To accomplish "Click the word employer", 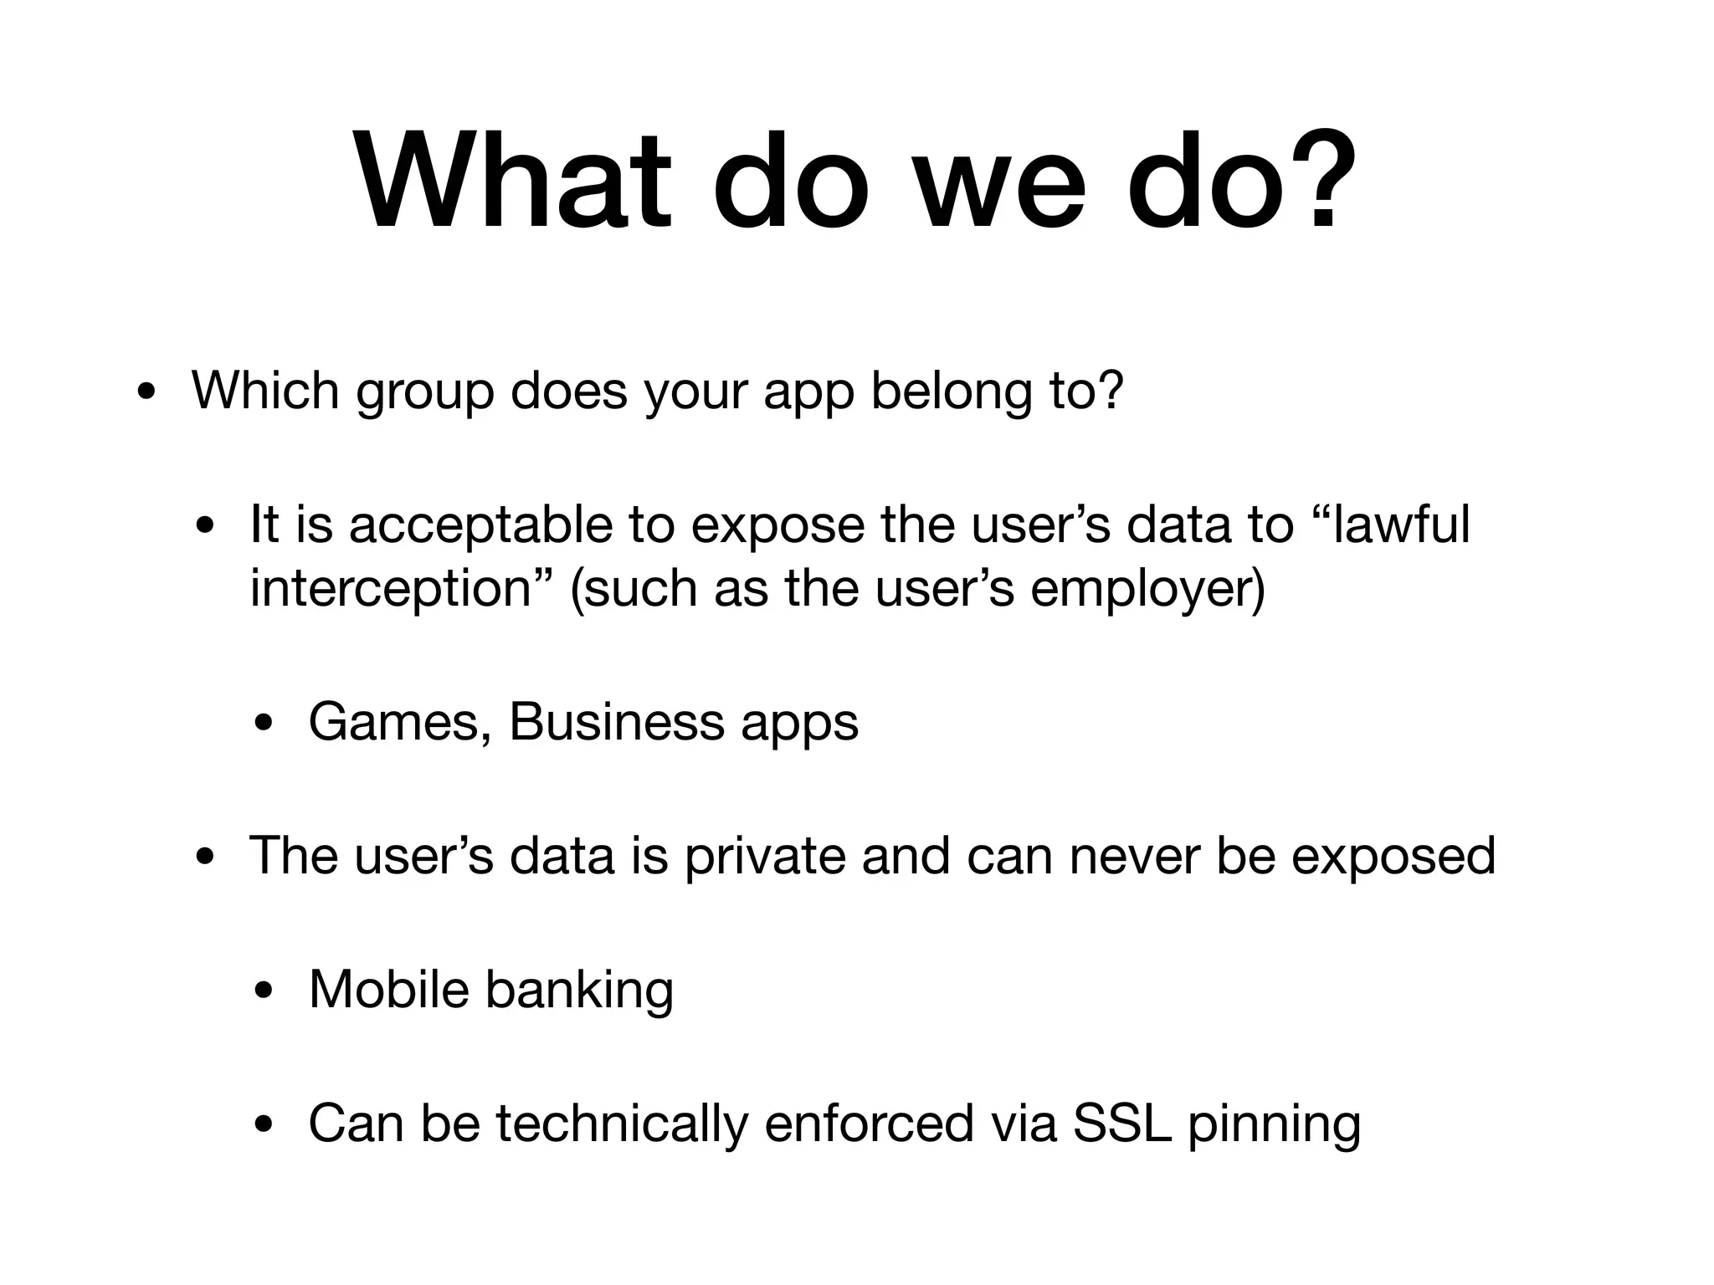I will (1147, 590).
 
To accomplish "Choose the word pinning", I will (1274, 1125).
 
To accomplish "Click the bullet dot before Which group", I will (146, 393).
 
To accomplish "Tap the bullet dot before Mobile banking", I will (264, 993).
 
